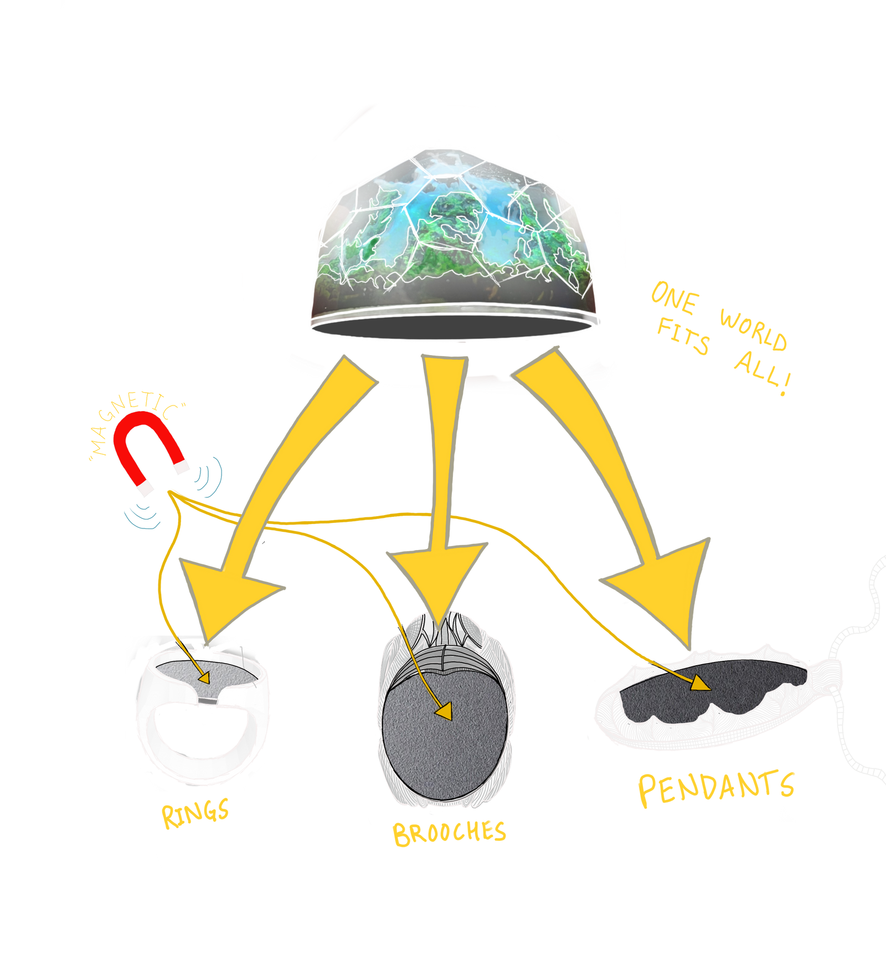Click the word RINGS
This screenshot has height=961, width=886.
click(x=195, y=813)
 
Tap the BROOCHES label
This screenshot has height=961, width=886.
click(x=449, y=833)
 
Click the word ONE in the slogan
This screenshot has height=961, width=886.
click(x=674, y=299)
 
